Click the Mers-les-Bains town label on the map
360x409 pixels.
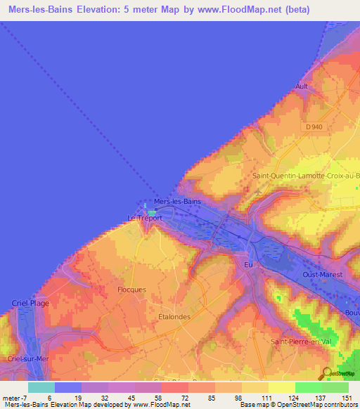click(177, 201)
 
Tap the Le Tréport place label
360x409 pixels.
click(145, 218)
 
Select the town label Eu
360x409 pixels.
click(247, 264)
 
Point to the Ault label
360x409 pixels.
click(302, 86)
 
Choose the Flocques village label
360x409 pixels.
click(131, 289)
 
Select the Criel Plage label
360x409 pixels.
click(29, 302)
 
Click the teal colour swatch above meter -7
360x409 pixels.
click(41, 387)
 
